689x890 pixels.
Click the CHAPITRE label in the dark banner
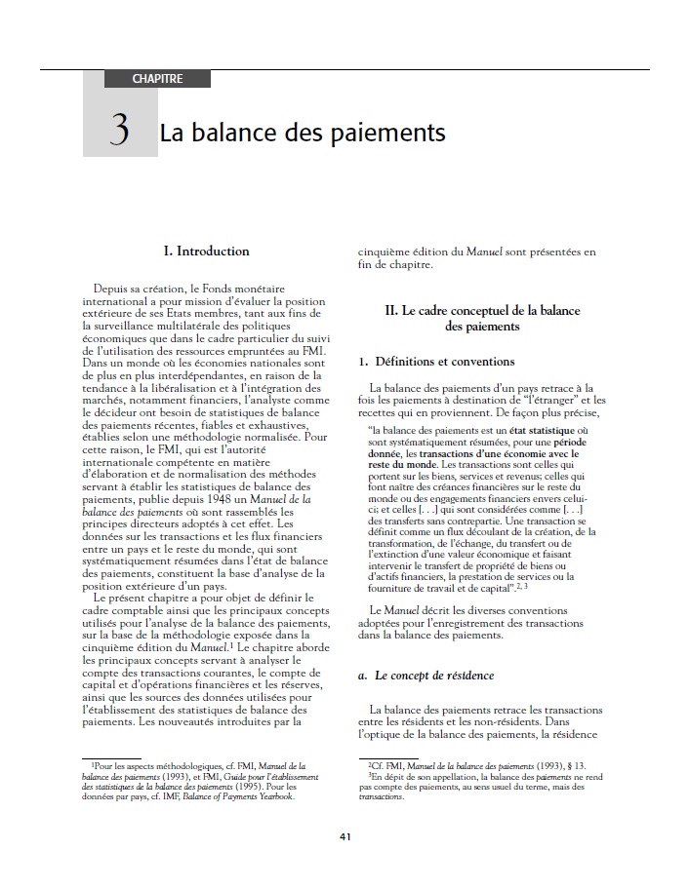click(157, 78)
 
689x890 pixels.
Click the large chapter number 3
click(120, 130)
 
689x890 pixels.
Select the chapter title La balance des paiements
click(303, 131)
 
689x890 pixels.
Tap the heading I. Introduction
click(206, 251)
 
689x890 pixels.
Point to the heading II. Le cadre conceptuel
click(482, 319)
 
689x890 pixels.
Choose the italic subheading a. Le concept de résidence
click(426, 676)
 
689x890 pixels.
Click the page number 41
click(344, 835)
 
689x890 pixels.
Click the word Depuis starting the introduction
click(114, 289)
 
